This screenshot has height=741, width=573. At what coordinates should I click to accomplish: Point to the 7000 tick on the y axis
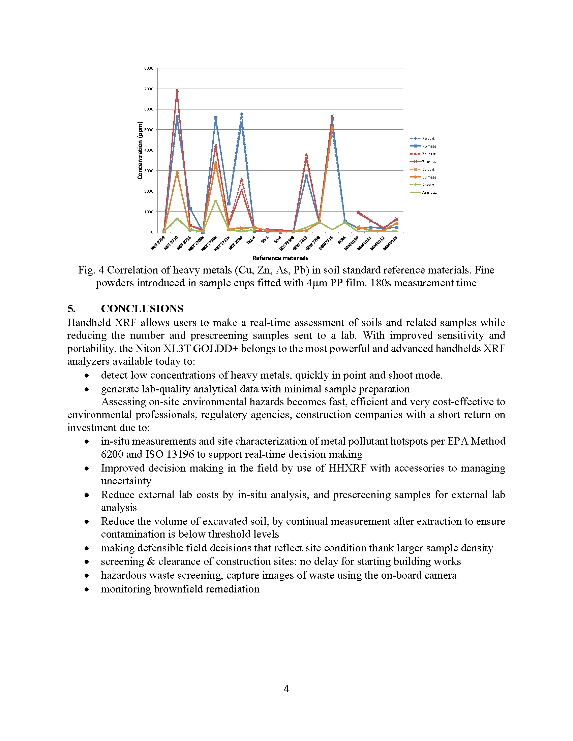(x=149, y=89)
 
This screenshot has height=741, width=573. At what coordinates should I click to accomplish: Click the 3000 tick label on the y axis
(x=149, y=171)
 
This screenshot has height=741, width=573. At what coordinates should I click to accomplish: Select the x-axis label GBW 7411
(x=300, y=243)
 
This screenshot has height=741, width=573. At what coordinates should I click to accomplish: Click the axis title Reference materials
(x=280, y=258)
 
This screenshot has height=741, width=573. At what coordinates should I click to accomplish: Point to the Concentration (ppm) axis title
(x=140, y=150)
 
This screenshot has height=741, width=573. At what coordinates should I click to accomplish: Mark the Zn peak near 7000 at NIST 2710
(x=177, y=90)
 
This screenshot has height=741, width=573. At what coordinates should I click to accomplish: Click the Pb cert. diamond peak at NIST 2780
(x=241, y=114)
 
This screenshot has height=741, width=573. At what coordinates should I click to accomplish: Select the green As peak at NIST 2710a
(x=216, y=200)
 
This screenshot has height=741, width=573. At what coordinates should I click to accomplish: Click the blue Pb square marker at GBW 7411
(x=306, y=176)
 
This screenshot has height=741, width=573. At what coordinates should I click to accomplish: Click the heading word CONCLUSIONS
(x=142, y=309)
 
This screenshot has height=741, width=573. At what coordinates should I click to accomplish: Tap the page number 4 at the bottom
(x=286, y=688)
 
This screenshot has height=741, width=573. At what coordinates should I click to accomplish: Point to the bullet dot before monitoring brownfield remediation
(x=87, y=589)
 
